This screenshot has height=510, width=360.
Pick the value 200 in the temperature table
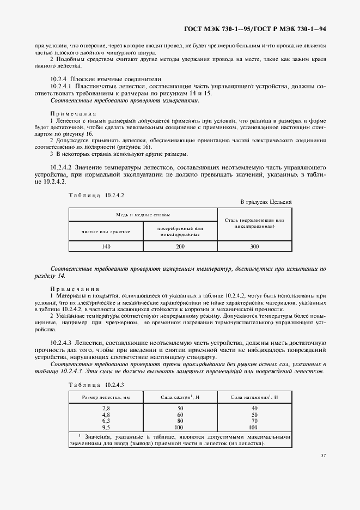click(179, 247)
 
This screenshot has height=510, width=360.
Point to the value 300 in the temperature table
click(254, 247)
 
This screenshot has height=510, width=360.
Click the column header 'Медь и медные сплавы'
click(142, 215)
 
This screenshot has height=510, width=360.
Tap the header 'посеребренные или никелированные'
click(179, 232)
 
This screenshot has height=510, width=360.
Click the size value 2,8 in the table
click(106, 408)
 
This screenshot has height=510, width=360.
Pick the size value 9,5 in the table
click(106, 427)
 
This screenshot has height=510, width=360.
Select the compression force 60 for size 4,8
click(180, 414)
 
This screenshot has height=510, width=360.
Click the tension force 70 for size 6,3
click(254, 421)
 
